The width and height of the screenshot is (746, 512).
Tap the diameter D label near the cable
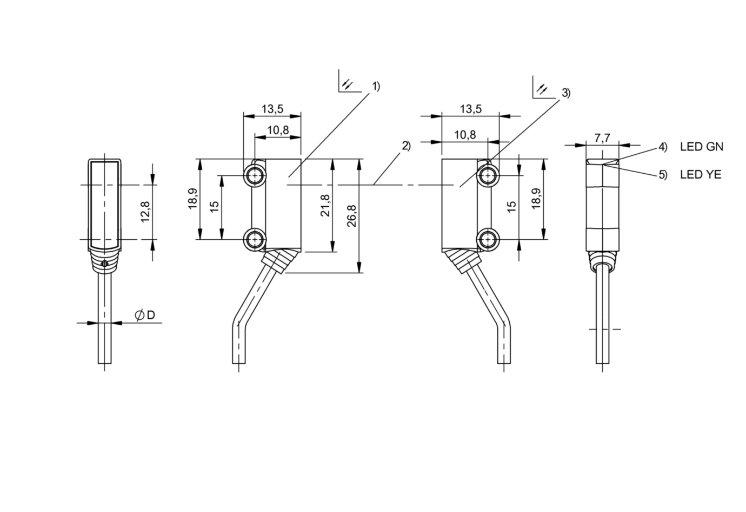tap(144, 314)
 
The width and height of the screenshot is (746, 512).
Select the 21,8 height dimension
tap(325, 206)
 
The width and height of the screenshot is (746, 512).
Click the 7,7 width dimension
tap(602, 138)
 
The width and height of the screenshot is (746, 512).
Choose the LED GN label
tap(701, 147)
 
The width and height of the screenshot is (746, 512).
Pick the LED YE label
tap(701, 175)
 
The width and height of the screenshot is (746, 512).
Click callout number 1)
tap(376, 87)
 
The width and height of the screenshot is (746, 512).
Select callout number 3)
tap(565, 93)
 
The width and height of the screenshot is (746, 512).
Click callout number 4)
tap(663, 147)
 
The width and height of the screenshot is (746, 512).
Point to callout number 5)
tap(663, 175)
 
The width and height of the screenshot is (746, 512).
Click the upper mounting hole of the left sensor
tap(255, 175)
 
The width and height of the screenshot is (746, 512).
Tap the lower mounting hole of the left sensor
tap(255, 239)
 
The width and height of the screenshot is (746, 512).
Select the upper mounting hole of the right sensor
tap(488, 175)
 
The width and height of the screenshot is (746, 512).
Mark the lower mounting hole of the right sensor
tap(488, 239)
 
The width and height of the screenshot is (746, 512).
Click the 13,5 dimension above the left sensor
tap(272, 109)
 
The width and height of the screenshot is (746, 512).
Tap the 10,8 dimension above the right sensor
tap(465, 135)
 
